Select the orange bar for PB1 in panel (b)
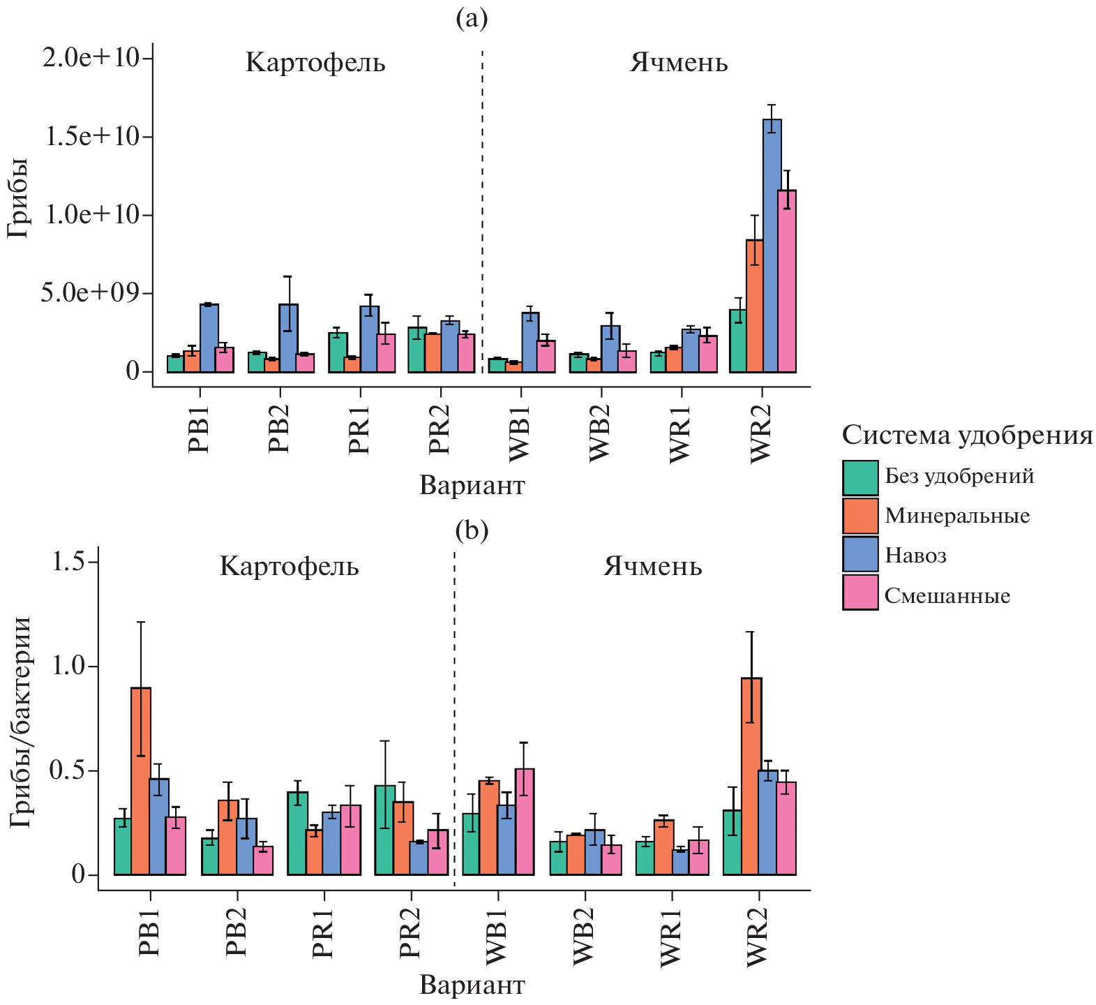(x=141, y=781)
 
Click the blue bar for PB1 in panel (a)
(x=209, y=338)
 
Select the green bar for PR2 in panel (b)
(x=384, y=830)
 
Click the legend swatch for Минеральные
(x=860, y=516)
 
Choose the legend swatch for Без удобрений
(x=860, y=477)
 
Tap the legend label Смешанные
(x=947, y=596)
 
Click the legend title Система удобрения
(x=967, y=435)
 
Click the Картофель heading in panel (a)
(x=315, y=63)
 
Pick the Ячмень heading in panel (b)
(x=653, y=566)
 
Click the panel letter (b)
(x=472, y=530)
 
